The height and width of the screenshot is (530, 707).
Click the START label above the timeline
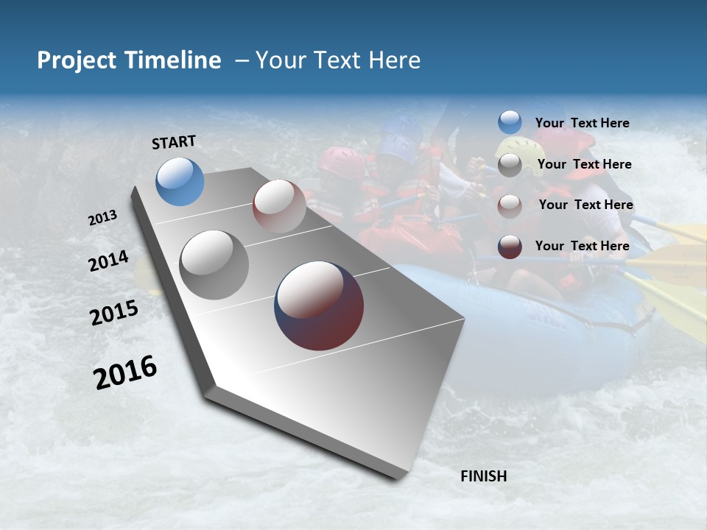[x=174, y=142]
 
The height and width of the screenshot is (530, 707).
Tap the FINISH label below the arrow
[x=483, y=476]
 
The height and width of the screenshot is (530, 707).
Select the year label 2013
[x=102, y=218]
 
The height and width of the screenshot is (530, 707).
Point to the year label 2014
[x=108, y=261]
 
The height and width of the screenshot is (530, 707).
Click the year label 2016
[x=125, y=372]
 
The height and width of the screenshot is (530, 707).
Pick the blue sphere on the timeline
[x=180, y=181]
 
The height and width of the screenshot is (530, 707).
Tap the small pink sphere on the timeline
[x=279, y=205]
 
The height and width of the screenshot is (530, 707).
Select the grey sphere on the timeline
[x=214, y=264]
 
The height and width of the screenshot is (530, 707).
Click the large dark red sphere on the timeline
[x=319, y=305]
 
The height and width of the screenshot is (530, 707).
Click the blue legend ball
[x=510, y=122]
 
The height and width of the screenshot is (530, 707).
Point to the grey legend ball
[x=510, y=165]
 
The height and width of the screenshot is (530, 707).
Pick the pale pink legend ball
[x=510, y=206]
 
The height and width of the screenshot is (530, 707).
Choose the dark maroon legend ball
[x=510, y=247]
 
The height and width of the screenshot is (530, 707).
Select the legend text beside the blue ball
[x=582, y=123]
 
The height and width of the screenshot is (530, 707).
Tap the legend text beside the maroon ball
[x=582, y=246]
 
